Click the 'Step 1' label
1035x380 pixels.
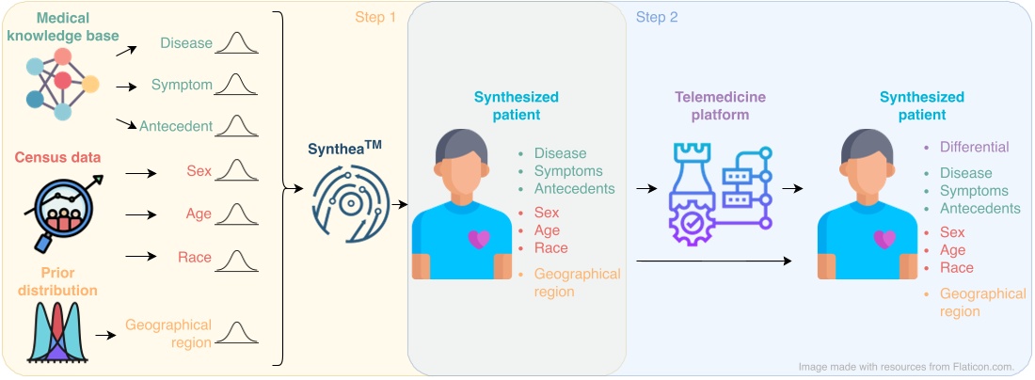tap(375, 17)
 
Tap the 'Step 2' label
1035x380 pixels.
tap(657, 17)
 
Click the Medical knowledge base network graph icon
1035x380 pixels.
tap(62, 82)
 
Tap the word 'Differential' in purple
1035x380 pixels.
tap(974, 147)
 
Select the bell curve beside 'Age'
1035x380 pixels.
tap(235, 214)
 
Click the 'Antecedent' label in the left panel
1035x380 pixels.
tap(176, 126)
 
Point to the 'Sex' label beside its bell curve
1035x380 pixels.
tap(199, 171)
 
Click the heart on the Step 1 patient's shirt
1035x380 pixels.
tap(479, 239)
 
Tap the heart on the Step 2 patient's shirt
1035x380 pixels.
tap(884, 239)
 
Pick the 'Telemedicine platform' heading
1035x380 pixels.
tap(720, 105)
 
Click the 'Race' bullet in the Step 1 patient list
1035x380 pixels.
tap(550, 248)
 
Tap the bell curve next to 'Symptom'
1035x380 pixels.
tap(235, 85)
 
